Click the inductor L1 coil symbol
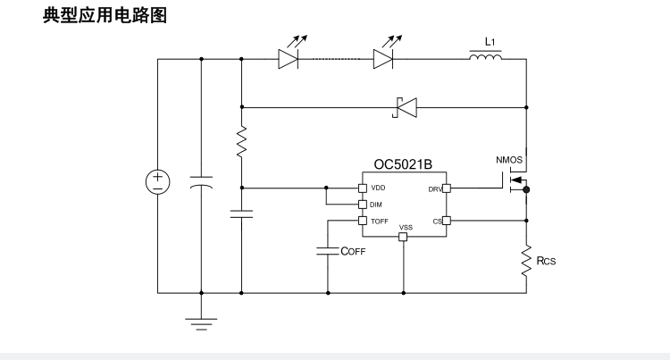pyautogui.click(x=485, y=59)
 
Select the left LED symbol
pyautogui.click(x=288, y=60)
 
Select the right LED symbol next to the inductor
pyautogui.click(x=383, y=60)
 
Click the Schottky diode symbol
pyautogui.click(x=407, y=109)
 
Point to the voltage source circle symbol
pyautogui.click(x=158, y=181)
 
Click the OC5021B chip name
pyautogui.click(x=403, y=165)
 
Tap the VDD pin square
pyautogui.click(x=362, y=188)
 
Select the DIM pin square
pyautogui.click(x=362, y=204)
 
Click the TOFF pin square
pyautogui.click(x=362, y=221)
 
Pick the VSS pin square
pyautogui.click(x=403, y=237)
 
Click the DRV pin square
pyautogui.click(x=446, y=188)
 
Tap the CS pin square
pyautogui.click(x=446, y=221)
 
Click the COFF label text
pyautogui.click(x=353, y=252)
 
